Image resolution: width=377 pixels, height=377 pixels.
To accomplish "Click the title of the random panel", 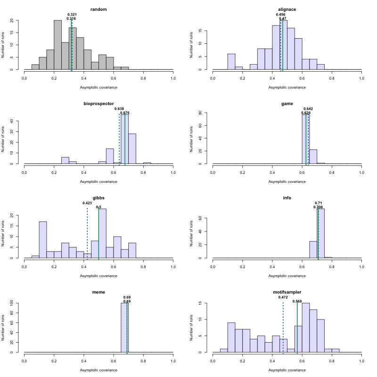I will click(98, 9).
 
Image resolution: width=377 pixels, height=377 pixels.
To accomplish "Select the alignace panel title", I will click(287, 9).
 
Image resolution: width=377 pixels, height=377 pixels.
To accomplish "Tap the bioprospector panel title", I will click(98, 103).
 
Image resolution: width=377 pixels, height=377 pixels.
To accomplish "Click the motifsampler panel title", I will click(287, 292).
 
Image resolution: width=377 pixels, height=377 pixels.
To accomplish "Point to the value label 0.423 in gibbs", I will click(87, 203).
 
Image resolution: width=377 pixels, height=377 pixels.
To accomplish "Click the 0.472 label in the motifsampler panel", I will click(283, 297).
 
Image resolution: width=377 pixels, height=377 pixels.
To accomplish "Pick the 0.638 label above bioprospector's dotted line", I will click(119, 109).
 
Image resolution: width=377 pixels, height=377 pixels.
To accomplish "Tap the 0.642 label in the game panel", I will click(308, 109).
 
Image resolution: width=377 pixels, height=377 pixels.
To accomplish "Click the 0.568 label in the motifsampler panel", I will click(297, 301).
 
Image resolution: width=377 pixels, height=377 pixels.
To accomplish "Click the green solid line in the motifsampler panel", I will click(297, 330).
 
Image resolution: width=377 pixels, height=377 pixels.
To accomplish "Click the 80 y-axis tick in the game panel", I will click(206, 113).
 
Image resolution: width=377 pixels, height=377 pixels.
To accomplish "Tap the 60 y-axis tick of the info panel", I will click(206, 219).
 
